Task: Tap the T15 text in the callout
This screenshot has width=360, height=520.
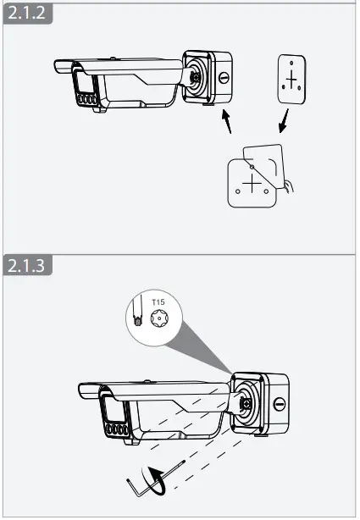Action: point(158,301)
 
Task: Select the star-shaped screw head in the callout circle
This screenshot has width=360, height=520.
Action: point(158,320)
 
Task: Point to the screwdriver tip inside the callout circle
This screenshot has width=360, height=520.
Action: point(138,320)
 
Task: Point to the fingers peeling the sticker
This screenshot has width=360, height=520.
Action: point(291,187)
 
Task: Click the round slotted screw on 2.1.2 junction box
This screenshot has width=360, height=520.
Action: point(224,79)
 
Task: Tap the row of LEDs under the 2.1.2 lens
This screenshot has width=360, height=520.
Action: point(85,99)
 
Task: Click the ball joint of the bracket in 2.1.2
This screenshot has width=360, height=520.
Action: point(196,76)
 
